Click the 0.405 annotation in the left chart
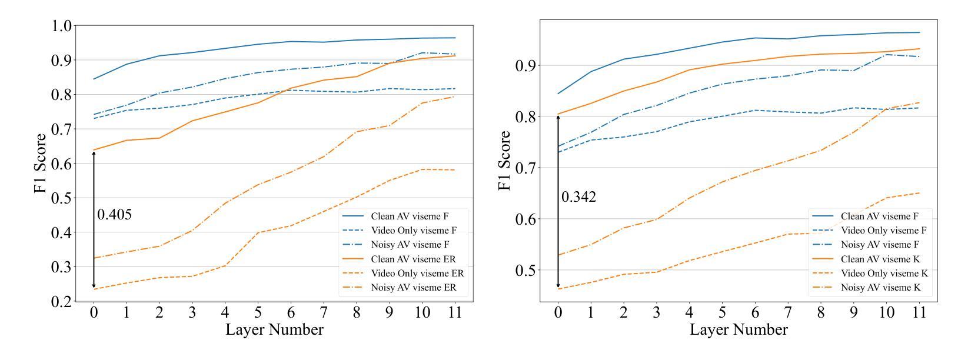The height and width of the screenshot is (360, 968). (x=114, y=215)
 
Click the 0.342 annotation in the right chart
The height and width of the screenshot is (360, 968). (x=578, y=197)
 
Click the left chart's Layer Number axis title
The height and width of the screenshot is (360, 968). (x=274, y=329)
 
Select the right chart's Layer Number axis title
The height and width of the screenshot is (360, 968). (x=739, y=329)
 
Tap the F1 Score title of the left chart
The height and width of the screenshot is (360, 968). (x=40, y=164)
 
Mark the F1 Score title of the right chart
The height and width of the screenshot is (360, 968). (x=504, y=161)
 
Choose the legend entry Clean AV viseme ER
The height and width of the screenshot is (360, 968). (x=413, y=259)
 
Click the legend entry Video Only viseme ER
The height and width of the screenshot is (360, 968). (x=417, y=274)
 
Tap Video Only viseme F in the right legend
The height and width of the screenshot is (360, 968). (x=884, y=231)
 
